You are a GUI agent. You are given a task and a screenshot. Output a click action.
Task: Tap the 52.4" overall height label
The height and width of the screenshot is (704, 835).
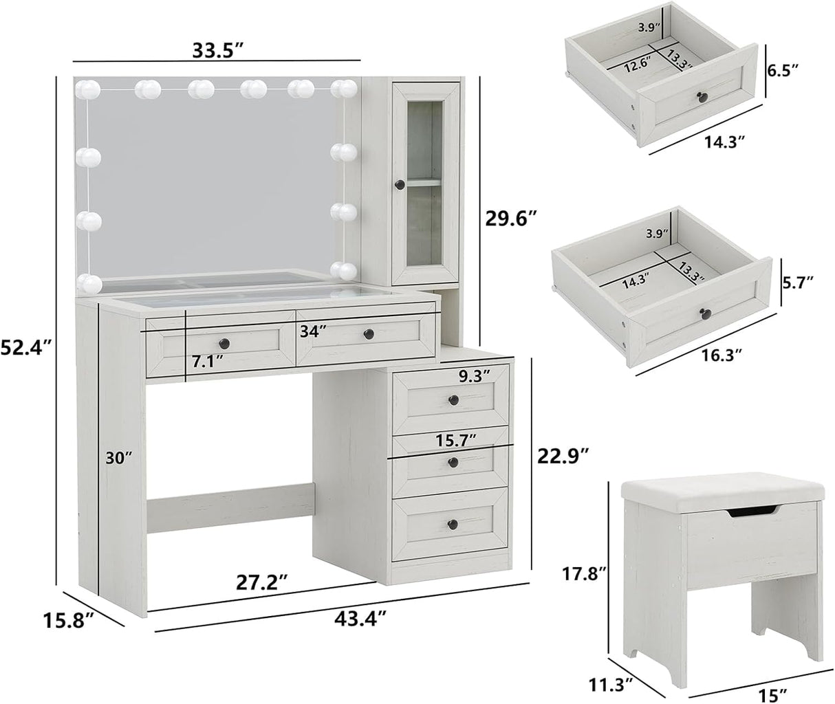[28, 349]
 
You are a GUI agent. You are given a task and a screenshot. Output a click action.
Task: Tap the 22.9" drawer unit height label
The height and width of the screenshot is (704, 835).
[563, 454]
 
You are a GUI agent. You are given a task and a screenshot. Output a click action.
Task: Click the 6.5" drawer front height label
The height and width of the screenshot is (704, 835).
[784, 69]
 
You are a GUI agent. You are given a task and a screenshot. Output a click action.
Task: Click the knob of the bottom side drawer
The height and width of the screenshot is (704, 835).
[452, 524]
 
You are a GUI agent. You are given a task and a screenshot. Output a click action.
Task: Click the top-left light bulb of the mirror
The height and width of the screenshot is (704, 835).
[90, 89]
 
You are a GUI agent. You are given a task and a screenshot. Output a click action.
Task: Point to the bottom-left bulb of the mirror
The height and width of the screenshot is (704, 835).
[89, 282]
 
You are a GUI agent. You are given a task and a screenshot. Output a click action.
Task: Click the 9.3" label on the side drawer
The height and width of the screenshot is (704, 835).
[474, 375]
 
